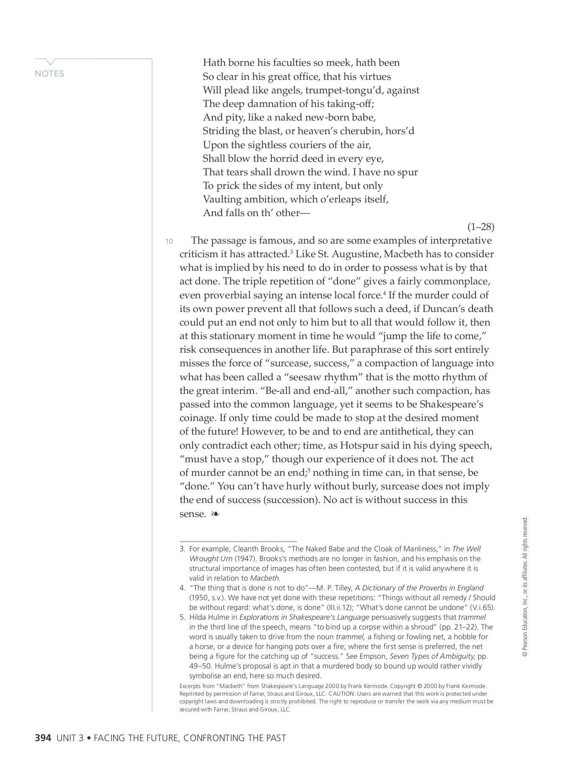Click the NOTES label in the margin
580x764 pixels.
point(50,74)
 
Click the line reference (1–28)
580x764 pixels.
point(481,227)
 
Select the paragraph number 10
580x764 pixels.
point(169,242)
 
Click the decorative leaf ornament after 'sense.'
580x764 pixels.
point(215,514)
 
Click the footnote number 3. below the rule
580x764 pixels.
point(183,549)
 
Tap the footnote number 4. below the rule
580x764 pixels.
point(183,588)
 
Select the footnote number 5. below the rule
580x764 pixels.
point(183,617)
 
